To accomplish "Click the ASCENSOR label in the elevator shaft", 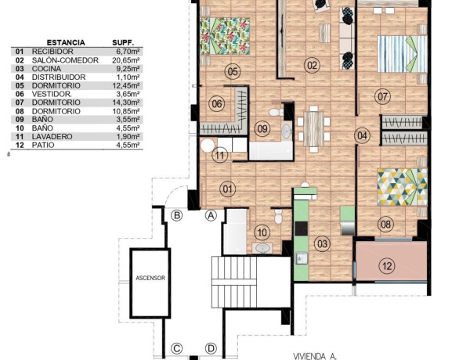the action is (150, 279).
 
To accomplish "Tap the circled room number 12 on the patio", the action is (387, 265).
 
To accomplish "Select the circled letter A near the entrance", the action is (211, 215).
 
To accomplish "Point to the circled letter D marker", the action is (211, 348).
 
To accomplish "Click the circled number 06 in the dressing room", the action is (217, 104).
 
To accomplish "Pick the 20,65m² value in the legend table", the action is (126, 60).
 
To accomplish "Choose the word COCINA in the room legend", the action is (46, 69).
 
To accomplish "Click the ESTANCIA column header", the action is (66, 42).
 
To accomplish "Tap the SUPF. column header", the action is (123, 42).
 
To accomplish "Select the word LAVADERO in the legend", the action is (52, 137).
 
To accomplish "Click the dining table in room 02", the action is (313, 129).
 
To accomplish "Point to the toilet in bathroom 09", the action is (276, 113).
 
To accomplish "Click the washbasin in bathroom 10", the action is (262, 248).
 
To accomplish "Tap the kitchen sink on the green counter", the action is (302, 258).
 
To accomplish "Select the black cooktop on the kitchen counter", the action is (302, 229).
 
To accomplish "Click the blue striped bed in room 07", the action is (402, 54).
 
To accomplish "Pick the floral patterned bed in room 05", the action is (225, 36).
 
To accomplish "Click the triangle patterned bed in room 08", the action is (402, 187).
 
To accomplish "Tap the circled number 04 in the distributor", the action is (362, 135).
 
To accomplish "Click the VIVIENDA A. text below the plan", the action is (315, 356).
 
